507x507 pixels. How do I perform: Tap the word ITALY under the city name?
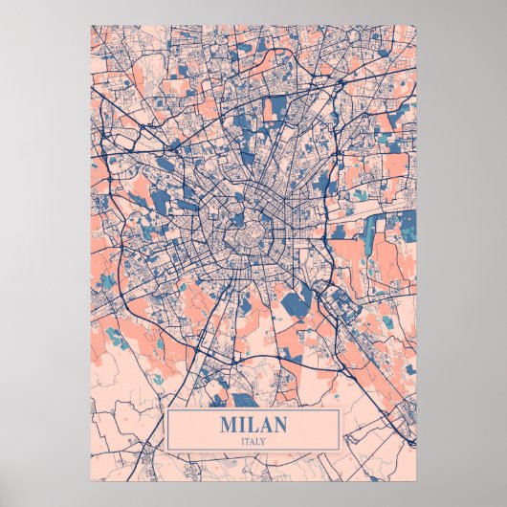pos(253,440)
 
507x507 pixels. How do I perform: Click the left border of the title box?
pos(166,430)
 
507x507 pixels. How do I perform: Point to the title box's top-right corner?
pos(341,409)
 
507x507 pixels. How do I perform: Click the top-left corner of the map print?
pos(91,26)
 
